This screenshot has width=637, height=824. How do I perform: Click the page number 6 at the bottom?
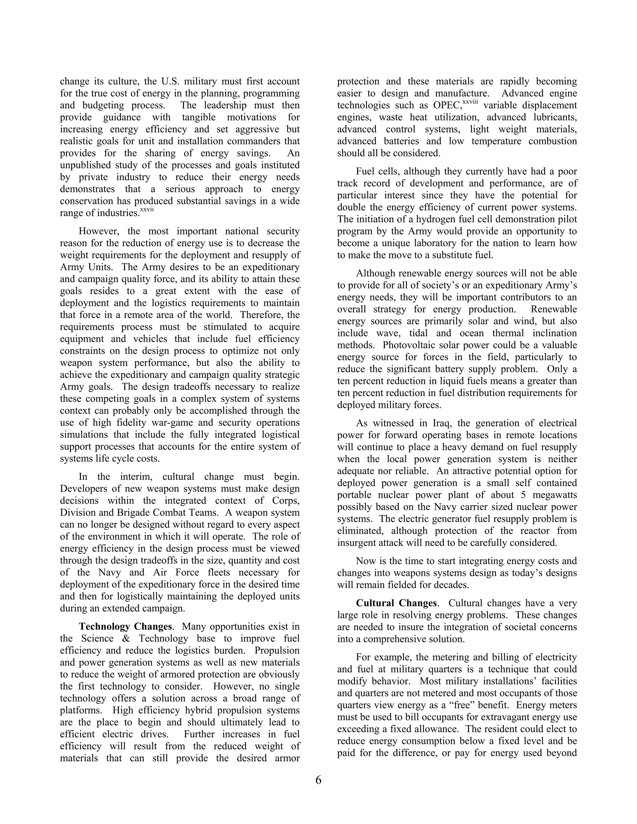[318, 780]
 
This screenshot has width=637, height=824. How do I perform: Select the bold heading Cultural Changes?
[396, 603]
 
